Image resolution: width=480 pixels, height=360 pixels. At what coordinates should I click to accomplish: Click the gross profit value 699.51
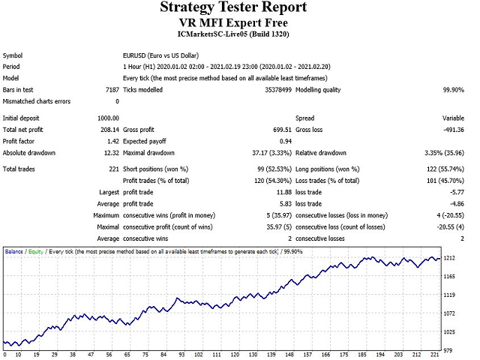coord(257,130)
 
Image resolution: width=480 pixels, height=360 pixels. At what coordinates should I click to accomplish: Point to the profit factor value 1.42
coord(112,141)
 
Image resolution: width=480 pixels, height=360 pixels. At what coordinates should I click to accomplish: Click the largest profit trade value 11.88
coord(259,192)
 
